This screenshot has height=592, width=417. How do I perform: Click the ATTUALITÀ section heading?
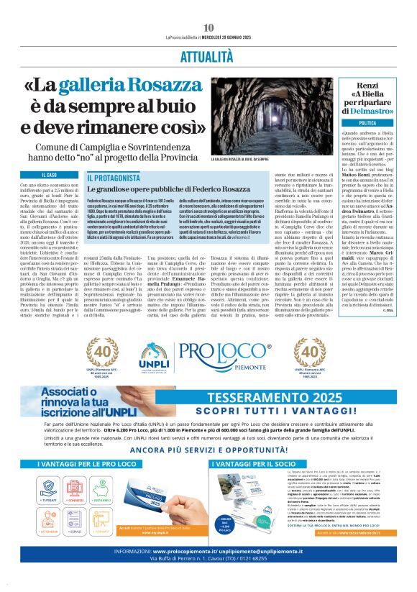pyautogui.click(x=208, y=55)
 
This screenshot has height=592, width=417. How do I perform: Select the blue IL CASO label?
pyautogui.click(x=49, y=175)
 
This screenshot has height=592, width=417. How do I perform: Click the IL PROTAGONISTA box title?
pyautogui.click(x=114, y=177)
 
